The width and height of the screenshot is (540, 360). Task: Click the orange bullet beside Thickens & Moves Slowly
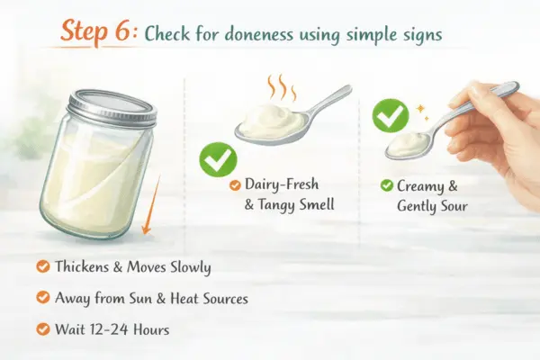click(41, 266)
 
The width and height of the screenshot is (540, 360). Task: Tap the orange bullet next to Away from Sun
click(41, 297)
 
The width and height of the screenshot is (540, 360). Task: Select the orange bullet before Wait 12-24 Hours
click(41, 328)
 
